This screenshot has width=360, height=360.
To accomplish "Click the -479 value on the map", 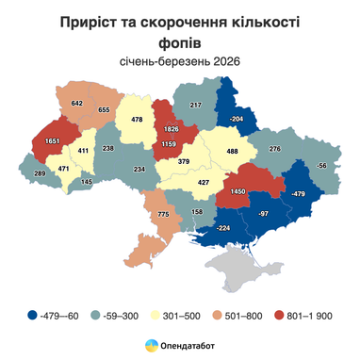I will [299, 194].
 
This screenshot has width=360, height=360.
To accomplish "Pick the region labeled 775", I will [163, 215].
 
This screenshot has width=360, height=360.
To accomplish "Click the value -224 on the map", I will [224, 227].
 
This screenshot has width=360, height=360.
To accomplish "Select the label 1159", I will [170, 144].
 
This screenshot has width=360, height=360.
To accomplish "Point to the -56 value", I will [323, 166].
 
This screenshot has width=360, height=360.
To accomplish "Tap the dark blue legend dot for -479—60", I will [30, 316].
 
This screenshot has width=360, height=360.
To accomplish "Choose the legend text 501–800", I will [237, 316].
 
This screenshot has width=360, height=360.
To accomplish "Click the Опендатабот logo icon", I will [150, 345].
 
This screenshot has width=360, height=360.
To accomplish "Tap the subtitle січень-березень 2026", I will [180, 60].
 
